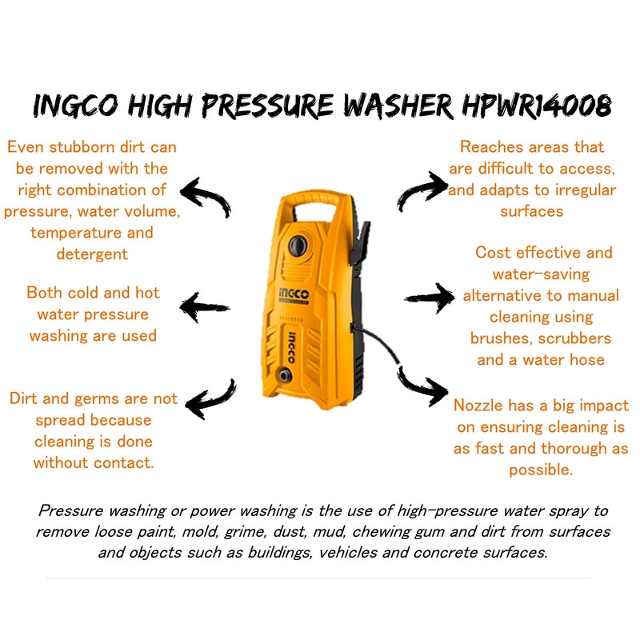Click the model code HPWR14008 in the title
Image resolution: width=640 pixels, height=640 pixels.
pyautogui.click(x=537, y=106)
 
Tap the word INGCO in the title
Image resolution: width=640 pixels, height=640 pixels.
pyautogui.click(x=76, y=106)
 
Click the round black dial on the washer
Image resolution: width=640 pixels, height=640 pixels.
pyautogui.click(x=298, y=246)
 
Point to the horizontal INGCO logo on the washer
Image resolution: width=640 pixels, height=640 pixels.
pyautogui.click(x=294, y=294)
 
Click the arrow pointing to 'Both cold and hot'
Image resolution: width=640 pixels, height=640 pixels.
pyautogui.click(x=204, y=307)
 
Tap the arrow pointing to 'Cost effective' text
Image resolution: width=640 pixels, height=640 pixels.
pyautogui.click(x=430, y=298)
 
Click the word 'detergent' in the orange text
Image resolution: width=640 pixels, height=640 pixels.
pyautogui.click(x=92, y=254)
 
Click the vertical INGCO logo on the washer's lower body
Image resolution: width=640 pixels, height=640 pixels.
pyautogui.click(x=291, y=347)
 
